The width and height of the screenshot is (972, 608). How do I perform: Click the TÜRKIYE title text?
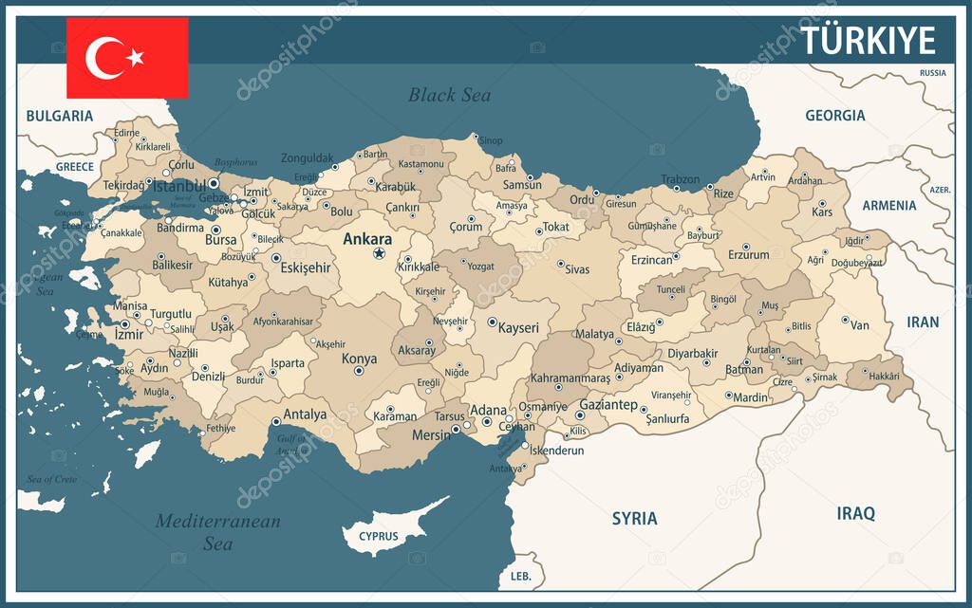point(868,41)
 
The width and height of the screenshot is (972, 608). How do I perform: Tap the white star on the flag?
point(136,58)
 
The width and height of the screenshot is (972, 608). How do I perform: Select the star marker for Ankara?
point(380,254)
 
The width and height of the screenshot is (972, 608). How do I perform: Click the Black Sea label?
point(449,95)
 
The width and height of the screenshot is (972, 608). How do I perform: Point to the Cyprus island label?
point(378,537)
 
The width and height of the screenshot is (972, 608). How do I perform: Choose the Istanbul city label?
point(178,186)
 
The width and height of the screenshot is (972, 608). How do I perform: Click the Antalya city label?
point(305,415)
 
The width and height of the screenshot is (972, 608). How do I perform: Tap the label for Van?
point(859,325)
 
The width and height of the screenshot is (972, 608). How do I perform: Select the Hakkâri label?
point(884,377)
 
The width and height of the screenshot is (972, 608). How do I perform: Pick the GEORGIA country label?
point(834,116)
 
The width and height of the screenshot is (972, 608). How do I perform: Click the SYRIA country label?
point(634,519)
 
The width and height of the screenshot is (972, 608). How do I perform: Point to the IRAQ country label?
point(855,513)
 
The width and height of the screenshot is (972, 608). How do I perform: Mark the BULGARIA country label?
point(59,116)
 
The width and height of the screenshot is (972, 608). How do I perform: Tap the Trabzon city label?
point(680,179)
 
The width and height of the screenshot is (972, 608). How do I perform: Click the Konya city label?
point(359,359)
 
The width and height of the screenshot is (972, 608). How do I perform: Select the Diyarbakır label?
point(692,354)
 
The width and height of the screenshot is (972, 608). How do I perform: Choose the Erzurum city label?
point(748,254)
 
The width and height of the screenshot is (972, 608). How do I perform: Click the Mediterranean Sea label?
point(217,532)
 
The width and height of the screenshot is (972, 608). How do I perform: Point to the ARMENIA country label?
point(888,206)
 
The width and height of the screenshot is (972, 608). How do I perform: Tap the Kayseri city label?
point(518,328)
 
